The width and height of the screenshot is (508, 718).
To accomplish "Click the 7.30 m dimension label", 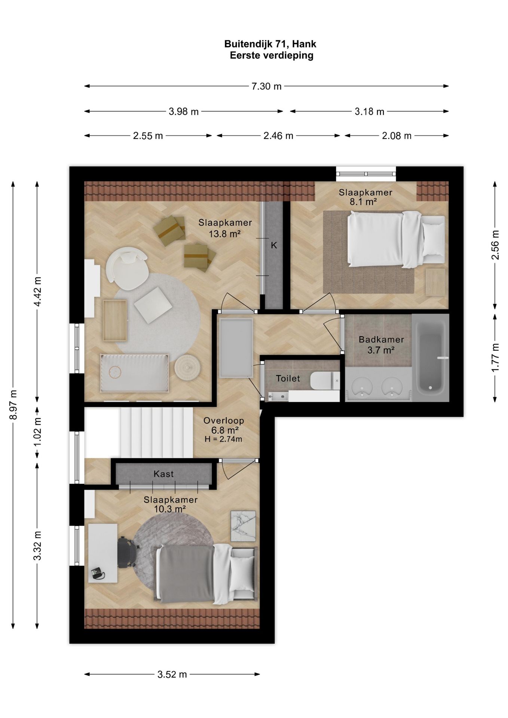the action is click(x=266, y=86).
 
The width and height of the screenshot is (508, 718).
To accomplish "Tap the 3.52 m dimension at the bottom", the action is click(x=172, y=674).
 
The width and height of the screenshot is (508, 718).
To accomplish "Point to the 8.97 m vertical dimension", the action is click(x=13, y=405).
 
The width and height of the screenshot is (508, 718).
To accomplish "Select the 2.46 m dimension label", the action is click(x=278, y=136).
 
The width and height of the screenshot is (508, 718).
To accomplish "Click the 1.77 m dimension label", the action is click(x=495, y=357).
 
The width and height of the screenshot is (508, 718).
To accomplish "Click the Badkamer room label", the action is click(x=381, y=340).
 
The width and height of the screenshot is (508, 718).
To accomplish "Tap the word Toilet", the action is click(x=288, y=378).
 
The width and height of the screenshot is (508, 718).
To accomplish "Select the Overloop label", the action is click(x=224, y=421).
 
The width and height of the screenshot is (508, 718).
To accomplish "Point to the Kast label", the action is click(x=163, y=474).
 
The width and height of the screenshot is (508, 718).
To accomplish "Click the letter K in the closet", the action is click(x=274, y=245).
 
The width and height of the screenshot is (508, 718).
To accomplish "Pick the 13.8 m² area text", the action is click(x=224, y=234).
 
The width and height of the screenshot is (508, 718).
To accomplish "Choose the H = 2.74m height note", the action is click(x=223, y=439).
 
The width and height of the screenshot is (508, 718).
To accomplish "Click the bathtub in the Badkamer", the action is click(x=431, y=358).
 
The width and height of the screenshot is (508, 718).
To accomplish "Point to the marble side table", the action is click(x=243, y=526).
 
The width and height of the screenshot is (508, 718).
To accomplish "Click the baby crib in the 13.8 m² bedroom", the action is click(x=134, y=372).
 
